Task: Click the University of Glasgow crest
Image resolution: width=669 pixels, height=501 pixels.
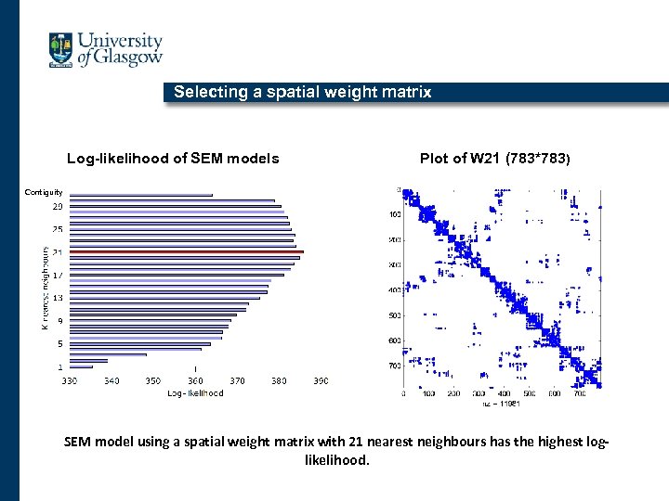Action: pyautogui.click(x=60, y=50)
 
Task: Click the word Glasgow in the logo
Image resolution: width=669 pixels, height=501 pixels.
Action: pyautogui.click(x=128, y=58)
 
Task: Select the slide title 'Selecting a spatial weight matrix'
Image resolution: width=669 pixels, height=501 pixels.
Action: pyautogui.click(x=303, y=92)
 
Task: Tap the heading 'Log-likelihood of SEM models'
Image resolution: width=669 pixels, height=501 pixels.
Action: pyautogui.click(x=173, y=158)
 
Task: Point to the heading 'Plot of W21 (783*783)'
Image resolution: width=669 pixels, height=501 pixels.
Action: pyautogui.click(x=495, y=158)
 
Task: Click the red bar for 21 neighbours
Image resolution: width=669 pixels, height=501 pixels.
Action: pyautogui.click(x=186, y=251)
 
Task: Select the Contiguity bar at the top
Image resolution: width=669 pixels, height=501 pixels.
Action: pyautogui.click(x=140, y=195)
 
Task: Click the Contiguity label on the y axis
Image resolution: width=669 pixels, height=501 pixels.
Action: pyautogui.click(x=43, y=192)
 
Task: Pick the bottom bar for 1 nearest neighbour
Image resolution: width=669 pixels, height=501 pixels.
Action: pyautogui.click(x=81, y=366)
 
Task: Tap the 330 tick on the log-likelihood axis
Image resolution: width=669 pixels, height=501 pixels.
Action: pyautogui.click(x=70, y=380)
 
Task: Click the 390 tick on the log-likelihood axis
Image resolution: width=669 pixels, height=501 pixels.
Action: pyautogui.click(x=321, y=380)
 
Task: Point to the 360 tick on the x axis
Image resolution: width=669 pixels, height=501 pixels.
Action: pyautogui.click(x=195, y=380)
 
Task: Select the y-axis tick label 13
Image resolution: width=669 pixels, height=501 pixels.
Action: pyautogui.click(x=58, y=298)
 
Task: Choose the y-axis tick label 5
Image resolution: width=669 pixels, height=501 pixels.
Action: pyautogui.click(x=59, y=343)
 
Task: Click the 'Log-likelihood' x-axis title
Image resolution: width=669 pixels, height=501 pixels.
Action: pyautogui.click(x=195, y=393)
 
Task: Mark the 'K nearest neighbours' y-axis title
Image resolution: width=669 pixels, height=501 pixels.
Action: pyautogui.click(x=46, y=288)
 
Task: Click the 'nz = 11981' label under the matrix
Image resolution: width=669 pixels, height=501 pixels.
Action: pyautogui.click(x=501, y=404)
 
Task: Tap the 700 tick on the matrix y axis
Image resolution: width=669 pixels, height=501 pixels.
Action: pyautogui.click(x=394, y=366)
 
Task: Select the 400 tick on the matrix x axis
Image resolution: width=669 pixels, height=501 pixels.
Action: pyautogui.click(x=503, y=393)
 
